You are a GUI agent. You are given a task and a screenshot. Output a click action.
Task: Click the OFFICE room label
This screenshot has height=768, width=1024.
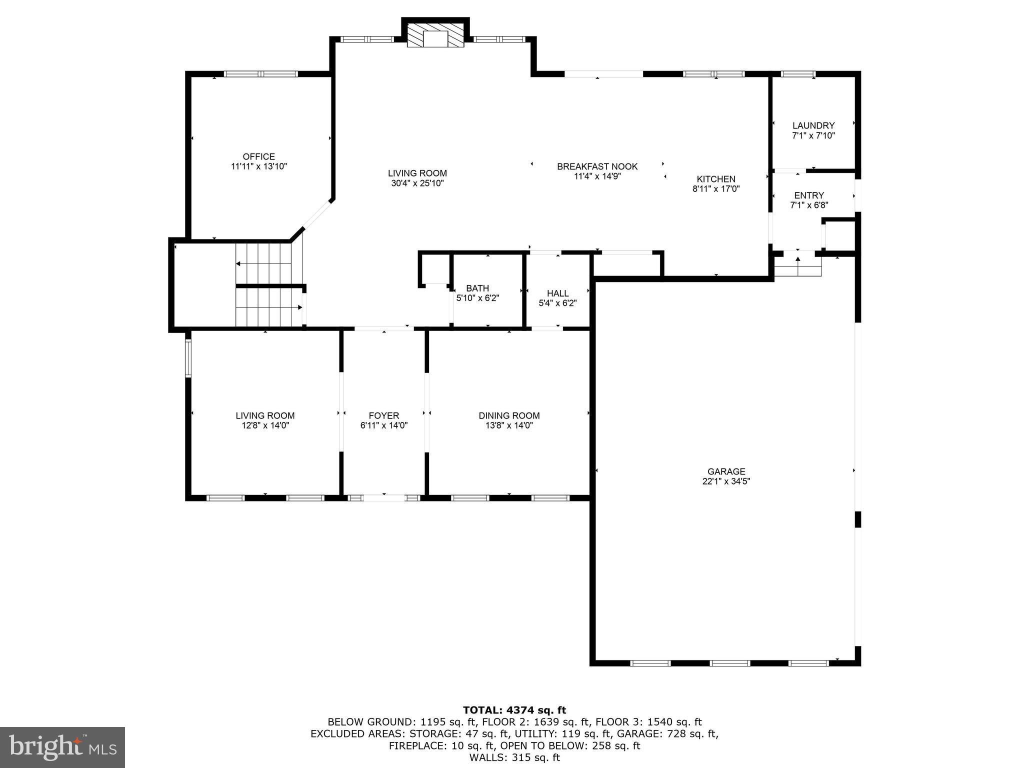point(258,156)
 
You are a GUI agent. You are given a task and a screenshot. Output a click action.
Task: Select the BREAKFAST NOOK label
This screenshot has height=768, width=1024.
point(597,166)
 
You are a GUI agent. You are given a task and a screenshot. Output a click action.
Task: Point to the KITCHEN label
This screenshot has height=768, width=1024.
point(716,179)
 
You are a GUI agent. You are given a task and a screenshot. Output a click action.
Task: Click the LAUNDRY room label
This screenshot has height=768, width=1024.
point(813,125)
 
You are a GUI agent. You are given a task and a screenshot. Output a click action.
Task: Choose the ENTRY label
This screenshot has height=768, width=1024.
point(808,195)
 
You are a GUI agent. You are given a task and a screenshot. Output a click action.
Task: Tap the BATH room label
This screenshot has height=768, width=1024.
point(477,288)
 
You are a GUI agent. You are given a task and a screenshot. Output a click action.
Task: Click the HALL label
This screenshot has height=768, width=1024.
point(557,293)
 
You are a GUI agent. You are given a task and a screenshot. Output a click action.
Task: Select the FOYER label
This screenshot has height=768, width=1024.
point(384,415)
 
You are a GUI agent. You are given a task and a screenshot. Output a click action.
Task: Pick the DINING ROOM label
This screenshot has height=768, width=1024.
point(509,415)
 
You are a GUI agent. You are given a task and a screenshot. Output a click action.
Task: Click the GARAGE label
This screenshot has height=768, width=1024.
point(726,471)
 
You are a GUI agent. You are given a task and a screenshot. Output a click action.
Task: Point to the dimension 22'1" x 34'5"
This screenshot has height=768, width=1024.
point(726,481)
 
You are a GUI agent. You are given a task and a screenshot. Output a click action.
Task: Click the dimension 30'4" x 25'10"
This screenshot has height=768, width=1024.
point(417,183)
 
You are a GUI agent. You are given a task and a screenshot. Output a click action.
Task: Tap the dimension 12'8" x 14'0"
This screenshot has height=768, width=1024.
point(265,425)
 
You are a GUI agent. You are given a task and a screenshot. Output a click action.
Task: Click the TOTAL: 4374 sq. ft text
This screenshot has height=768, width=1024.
point(514,710)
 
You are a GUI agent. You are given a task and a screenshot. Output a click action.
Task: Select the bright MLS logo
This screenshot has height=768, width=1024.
point(62,747)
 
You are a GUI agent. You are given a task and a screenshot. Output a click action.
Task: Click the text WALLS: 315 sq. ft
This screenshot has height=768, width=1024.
point(514,757)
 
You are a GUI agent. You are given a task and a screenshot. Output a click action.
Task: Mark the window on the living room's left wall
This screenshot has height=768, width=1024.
point(188,358)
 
